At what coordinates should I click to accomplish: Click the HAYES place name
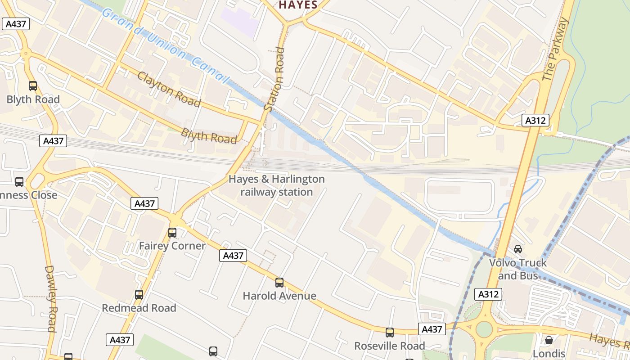tap(298, 5)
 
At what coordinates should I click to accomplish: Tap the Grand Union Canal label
tap(165, 45)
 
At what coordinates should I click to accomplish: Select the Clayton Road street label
tap(169, 89)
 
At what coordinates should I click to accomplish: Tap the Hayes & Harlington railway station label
tap(276, 185)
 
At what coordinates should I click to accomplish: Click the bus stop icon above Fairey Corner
tap(172, 232)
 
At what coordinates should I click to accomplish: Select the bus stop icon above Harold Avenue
tap(279, 282)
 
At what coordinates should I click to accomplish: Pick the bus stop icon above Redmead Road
tap(139, 295)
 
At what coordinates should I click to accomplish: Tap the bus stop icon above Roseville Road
tap(390, 333)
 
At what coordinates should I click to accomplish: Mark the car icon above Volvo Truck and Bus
tap(518, 249)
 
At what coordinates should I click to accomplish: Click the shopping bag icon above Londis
tap(549, 340)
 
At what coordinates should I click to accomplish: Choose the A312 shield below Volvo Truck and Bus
tap(488, 294)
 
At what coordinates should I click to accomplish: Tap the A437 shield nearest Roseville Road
tap(432, 329)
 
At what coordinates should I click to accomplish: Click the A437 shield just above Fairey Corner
tap(145, 203)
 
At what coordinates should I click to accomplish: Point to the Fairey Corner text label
tap(172, 246)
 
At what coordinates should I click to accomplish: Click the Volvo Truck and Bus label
tap(518, 269)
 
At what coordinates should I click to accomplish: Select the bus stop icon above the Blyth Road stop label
tap(32, 85)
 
